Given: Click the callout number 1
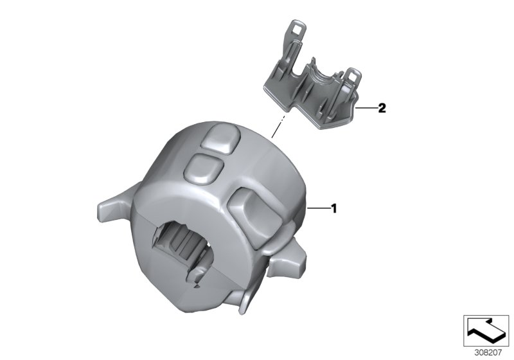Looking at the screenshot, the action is pos(334,208).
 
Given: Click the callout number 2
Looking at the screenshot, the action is pos(382,107).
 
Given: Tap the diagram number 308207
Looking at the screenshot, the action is pos(488,353).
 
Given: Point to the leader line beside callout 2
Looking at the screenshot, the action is pos(366,107).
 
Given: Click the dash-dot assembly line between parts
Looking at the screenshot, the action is pos(278,126).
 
